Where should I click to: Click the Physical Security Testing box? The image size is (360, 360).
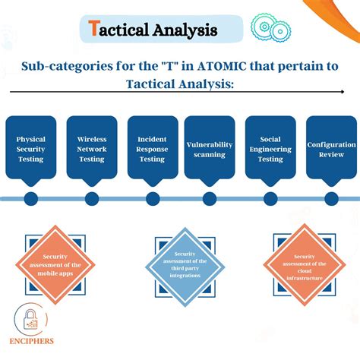[x=31, y=148]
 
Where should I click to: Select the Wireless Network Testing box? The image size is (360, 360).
[x=91, y=148]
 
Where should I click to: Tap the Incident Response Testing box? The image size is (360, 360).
[x=152, y=148]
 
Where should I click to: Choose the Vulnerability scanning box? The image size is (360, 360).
[x=210, y=148]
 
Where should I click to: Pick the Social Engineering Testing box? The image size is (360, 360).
[x=270, y=148]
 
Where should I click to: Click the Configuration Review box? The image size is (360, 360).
[x=331, y=148]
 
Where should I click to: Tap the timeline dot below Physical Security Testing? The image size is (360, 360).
[x=31, y=199]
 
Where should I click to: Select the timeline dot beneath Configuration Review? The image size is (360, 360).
[x=331, y=199]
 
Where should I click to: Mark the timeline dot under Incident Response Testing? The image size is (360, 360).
[x=152, y=199]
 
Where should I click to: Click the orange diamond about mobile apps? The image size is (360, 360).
[x=59, y=263]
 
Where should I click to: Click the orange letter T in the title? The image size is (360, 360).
[x=93, y=30]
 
